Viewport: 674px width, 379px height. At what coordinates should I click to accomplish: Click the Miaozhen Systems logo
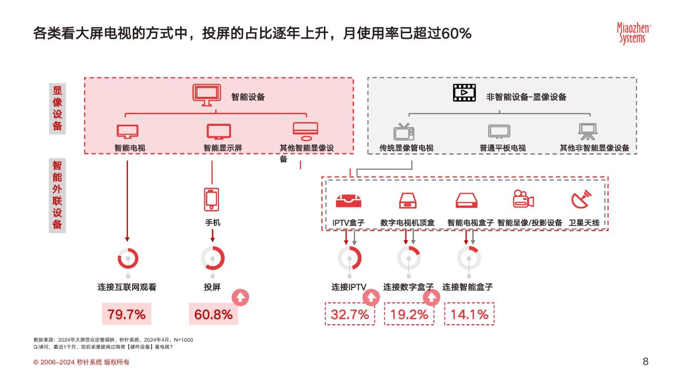[633, 33]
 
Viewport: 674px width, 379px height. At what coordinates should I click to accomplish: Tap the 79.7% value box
[126, 315]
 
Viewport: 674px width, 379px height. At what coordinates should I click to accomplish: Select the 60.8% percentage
[213, 315]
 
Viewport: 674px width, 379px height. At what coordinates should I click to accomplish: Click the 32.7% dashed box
[350, 315]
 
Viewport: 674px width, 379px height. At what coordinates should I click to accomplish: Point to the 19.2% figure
[410, 315]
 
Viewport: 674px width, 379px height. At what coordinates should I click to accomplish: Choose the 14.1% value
[470, 315]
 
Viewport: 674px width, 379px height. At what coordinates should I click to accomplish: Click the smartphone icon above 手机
[212, 199]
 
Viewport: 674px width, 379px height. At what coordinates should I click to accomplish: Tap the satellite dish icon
[581, 200]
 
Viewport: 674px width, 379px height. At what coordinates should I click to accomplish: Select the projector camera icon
[523, 200]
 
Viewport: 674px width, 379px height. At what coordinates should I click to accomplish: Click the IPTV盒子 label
[349, 223]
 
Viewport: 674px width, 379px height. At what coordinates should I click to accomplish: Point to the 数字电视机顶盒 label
[408, 223]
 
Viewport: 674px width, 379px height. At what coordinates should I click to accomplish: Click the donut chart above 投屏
[213, 258]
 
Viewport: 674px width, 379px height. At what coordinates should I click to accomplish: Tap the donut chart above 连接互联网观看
[127, 258]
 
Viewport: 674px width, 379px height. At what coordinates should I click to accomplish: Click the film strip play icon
[464, 92]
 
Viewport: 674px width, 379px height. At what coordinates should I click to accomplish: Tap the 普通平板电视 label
[502, 148]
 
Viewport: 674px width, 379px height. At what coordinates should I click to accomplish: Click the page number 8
[646, 361]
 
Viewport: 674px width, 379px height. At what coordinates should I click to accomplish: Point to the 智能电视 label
[130, 148]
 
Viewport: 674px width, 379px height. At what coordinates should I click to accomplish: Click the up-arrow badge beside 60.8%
[240, 298]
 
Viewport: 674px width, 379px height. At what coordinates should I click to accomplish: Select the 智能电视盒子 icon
[467, 200]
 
